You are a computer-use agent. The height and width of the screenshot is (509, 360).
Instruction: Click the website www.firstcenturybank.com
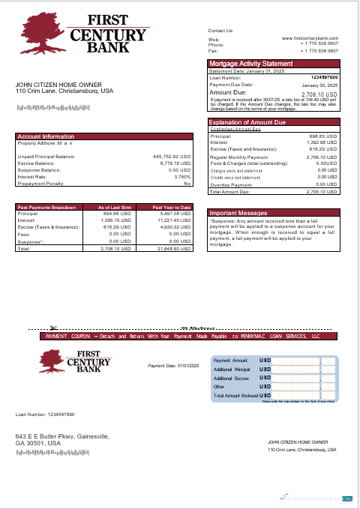tap(310, 37)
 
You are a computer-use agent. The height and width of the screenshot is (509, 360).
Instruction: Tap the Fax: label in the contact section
tap(213, 49)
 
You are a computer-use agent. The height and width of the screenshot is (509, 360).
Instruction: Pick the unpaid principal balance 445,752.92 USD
tap(172, 157)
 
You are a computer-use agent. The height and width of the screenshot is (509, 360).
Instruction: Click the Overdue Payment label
tap(231, 184)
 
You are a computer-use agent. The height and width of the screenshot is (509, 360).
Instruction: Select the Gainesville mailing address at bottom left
tap(63, 440)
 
